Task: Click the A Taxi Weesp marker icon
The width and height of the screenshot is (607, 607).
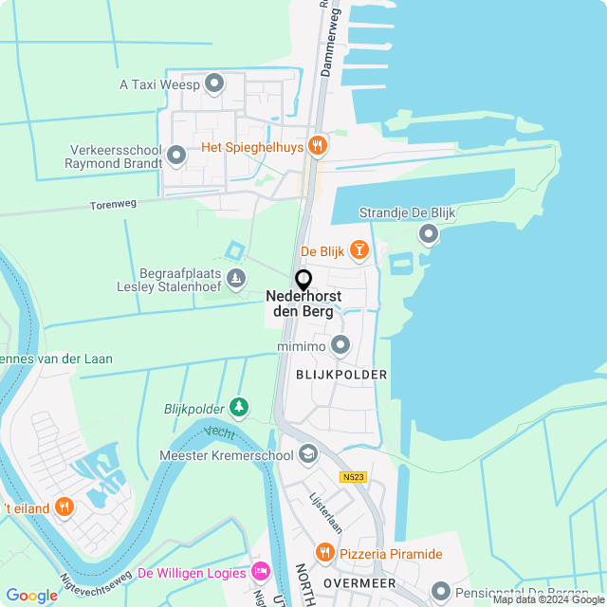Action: (x=214, y=84)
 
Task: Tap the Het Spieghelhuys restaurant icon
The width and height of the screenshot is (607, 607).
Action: (x=318, y=146)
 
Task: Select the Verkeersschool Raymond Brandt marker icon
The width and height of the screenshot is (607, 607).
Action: (x=175, y=154)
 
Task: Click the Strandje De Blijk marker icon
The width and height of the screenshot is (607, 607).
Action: (x=429, y=232)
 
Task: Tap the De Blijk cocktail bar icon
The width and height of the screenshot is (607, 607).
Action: (x=359, y=250)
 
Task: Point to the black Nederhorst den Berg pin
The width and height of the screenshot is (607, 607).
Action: (x=303, y=280)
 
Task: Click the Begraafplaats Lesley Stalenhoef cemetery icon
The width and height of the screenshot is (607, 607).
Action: (x=236, y=278)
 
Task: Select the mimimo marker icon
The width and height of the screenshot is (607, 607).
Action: (x=340, y=345)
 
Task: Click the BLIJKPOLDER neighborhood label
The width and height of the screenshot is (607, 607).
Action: (x=340, y=375)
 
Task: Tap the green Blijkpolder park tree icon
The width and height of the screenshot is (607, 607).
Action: (x=240, y=408)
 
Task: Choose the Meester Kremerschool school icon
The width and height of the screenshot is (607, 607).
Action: (x=307, y=454)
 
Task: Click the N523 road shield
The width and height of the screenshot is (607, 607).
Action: (x=354, y=477)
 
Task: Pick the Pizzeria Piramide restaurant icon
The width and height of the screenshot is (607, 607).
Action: (x=324, y=553)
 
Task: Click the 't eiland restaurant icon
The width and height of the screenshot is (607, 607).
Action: (x=64, y=506)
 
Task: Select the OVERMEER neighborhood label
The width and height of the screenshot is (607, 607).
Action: (x=358, y=582)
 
